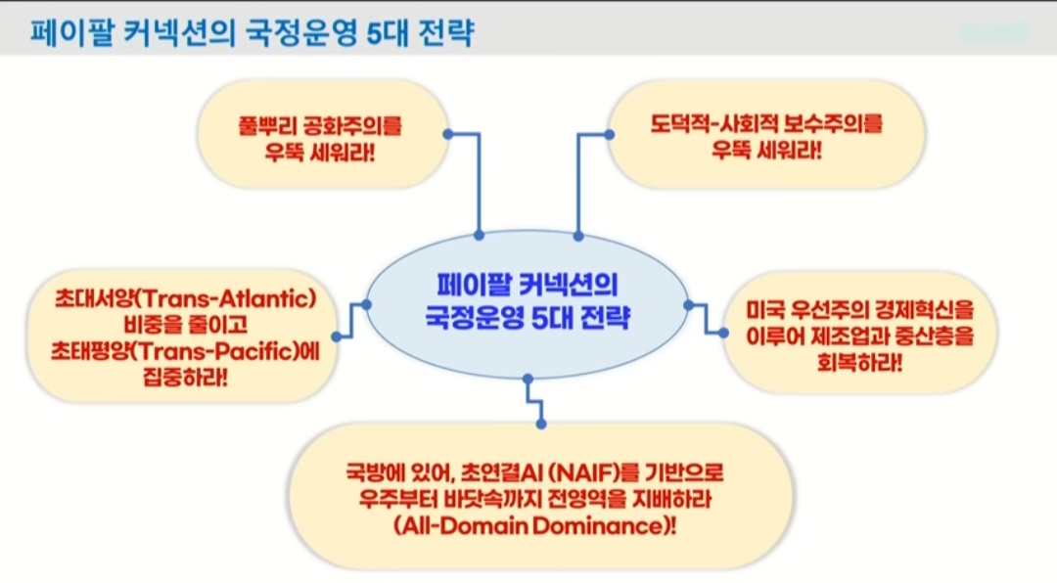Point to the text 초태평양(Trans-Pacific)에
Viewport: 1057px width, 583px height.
tap(186, 350)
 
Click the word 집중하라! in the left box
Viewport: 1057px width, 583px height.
tap(185, 376)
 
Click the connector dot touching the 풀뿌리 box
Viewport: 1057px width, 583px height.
tap(448, 134)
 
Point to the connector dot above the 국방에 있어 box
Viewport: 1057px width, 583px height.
tap(540, 424)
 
